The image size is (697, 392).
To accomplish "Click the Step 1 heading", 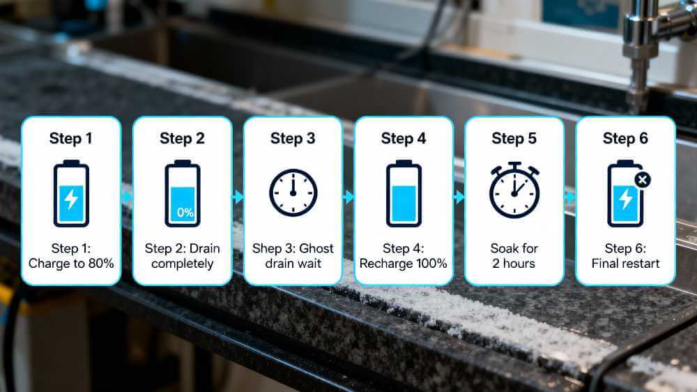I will pyautogui.click(x=70, y=138).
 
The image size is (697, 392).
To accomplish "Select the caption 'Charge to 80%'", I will pyautogui.click(x=70, y=264).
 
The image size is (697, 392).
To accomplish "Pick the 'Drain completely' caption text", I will pyautogui.click(x=182, y=264).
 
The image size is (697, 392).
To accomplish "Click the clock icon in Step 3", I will pyautogui.click(x=293, y=193).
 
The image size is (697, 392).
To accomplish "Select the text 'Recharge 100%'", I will pyautogui.click(x=404, y=264).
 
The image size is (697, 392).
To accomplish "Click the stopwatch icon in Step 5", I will pyautogui.click(x=514, y=190).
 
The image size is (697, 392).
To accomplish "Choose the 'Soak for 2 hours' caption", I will pyautogui.click(x=514, y=256).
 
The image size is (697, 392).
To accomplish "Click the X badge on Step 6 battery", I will pyautogui.click(x=643, y=179).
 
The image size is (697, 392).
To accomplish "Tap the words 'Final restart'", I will pyautogui.click(x=625, y=264).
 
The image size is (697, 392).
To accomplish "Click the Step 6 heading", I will pyautogui.click(x=625, y=138).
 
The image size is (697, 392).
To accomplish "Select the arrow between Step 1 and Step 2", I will pyautogui.click(x=127, y=197).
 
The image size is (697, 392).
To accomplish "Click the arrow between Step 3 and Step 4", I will pyautogui.click(x=348, y=197).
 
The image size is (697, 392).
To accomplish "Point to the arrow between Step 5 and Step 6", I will pyautogui.click(x=570, y=197).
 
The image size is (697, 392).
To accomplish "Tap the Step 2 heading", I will pyautogui.click(x=182, y=138).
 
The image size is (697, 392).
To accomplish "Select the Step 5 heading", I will pyautogui.click(x=514, y=138).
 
